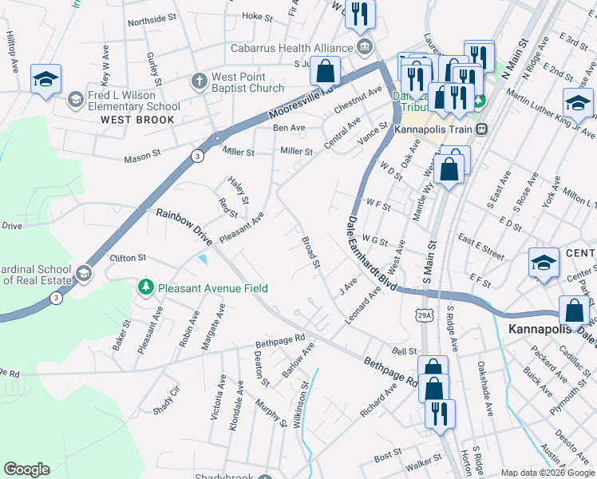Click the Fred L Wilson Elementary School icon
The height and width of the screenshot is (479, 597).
point(75,99)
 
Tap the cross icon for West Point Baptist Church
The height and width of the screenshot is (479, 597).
point(199,81)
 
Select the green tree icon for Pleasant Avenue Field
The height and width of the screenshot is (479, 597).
point(145,287)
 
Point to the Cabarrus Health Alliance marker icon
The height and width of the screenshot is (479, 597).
point(366,47)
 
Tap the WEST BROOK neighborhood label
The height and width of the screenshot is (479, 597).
point(137,120)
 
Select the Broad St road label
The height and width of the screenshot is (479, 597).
point(310,251)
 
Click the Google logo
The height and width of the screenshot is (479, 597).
point(26,469)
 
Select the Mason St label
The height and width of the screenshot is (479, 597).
point(142,158)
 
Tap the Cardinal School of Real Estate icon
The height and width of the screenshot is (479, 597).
point(83,275)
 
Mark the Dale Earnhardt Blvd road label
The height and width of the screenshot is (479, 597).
point(371,254)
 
